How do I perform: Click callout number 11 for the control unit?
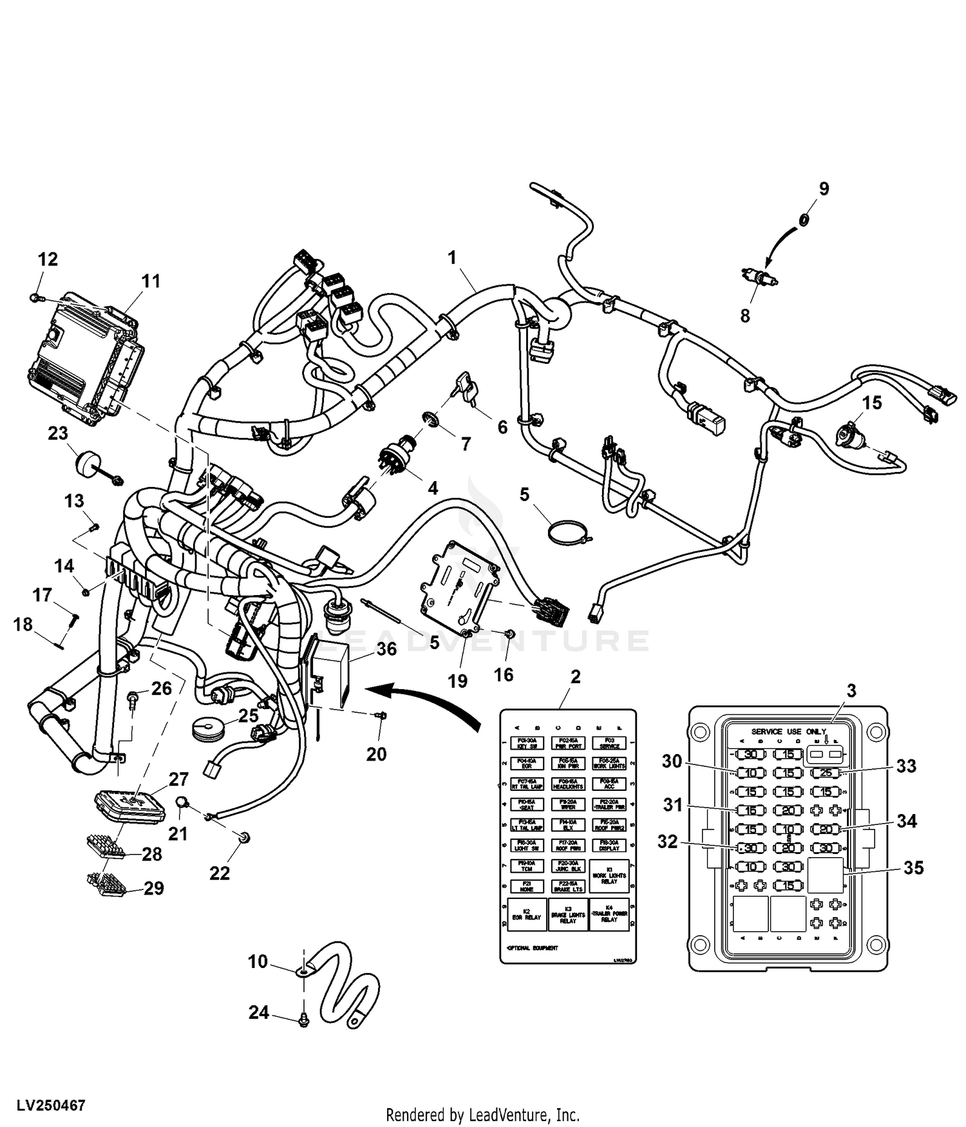point(151,281)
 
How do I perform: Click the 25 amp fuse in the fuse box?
point(826,773)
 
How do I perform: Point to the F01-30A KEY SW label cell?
point(527,743)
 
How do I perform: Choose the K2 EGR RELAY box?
point(526,914)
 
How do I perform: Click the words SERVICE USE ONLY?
point(788,732)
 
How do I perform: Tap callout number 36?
point(386,649)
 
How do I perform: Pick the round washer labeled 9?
point(804,220)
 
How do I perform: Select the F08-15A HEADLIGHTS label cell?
point(568,784)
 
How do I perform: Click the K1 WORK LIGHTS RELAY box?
point(609,876)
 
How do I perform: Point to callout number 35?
point(913,867)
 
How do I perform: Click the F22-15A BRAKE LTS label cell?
point(568,887)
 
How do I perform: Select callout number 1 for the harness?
point(452,258)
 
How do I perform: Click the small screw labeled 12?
point(35,297)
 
